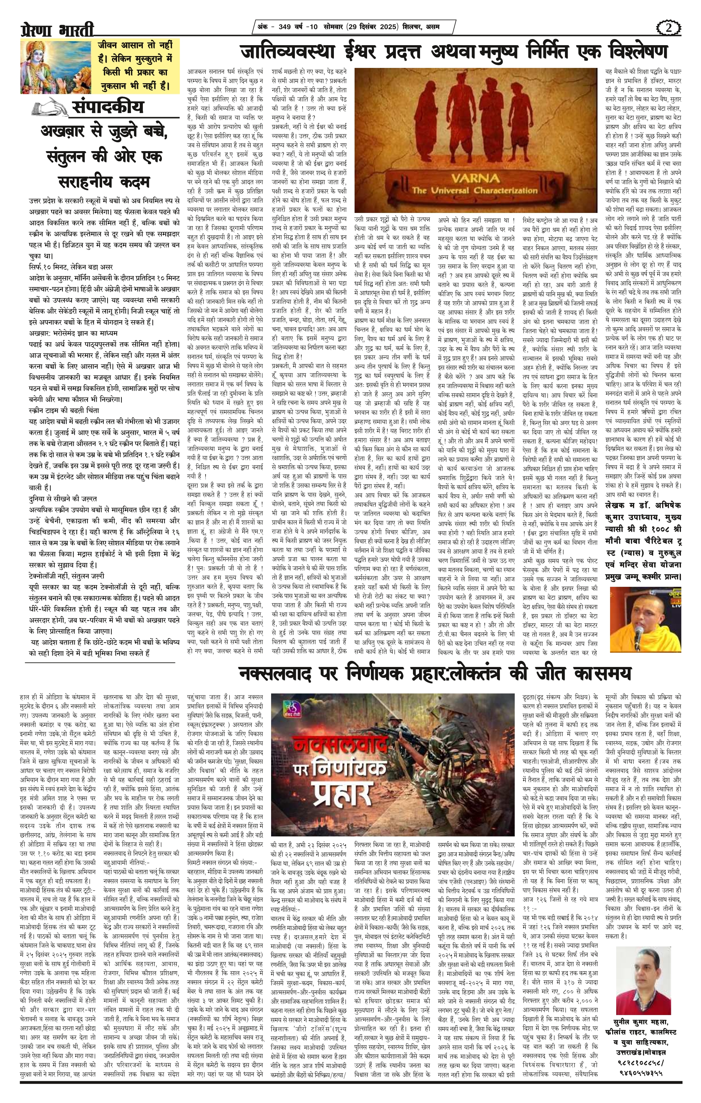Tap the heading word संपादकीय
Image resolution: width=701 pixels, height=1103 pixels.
108,107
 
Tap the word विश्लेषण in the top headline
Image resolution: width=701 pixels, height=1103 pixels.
627,52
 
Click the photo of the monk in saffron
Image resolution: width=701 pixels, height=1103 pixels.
645,624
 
